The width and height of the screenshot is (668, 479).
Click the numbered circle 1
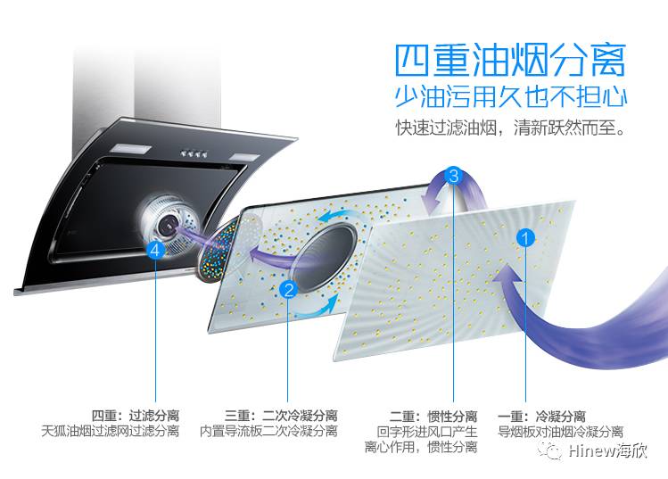click(526, 238)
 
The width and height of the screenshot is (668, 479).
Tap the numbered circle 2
click(288, 289)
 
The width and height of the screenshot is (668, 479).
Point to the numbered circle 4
click(156, 252)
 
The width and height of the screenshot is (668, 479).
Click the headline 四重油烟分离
click(510, 60)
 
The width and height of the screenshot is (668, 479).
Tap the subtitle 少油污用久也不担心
click(510, 96)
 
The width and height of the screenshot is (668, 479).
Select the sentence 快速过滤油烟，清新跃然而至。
click(510, 128)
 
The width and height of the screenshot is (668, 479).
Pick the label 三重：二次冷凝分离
click(281, 416)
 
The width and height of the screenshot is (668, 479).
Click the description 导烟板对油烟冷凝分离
click(560, 432)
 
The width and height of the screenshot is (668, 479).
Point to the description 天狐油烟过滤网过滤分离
click(111, 432)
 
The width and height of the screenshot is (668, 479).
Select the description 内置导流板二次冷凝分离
click(268, 432)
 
